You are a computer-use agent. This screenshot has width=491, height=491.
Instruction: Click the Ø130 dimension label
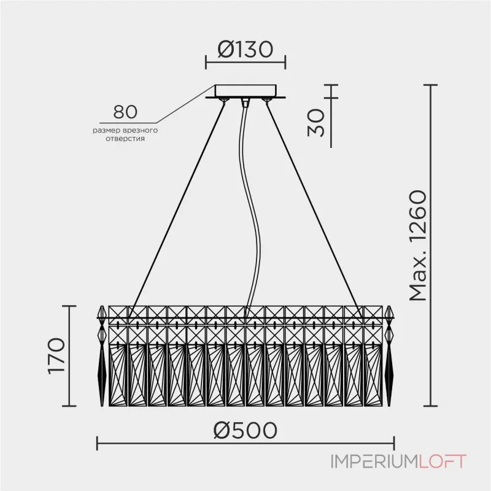245,49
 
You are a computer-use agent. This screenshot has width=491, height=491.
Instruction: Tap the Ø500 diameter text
245,430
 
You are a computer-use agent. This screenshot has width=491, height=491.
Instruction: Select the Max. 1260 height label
417,245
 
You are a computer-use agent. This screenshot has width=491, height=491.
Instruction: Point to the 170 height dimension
56,355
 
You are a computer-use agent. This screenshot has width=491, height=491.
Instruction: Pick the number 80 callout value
125,112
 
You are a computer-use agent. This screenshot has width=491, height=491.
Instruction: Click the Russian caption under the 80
125,135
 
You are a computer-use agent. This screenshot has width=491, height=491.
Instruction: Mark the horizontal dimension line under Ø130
245,62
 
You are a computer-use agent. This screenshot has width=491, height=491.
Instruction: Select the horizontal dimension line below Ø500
245,444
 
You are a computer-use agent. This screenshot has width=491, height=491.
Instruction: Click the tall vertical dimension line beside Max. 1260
433,245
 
